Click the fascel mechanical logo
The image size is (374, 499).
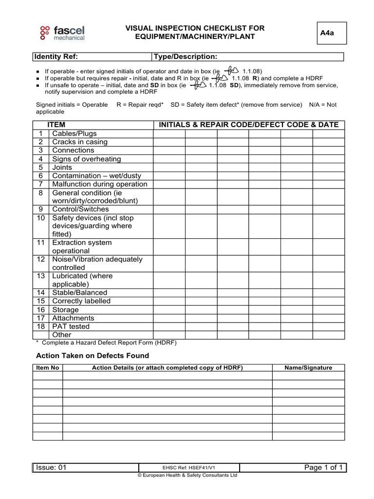click(x=62, y=33)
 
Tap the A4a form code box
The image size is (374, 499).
click(x=332, y=33)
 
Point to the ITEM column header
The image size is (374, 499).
click(x=56, y=125)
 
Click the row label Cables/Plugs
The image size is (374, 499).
click(x=75, y=134)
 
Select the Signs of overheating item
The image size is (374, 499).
click(x=87, y=159)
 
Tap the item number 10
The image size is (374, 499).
click(x=41, y=218)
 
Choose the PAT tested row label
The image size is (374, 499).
click(x=71, y=326)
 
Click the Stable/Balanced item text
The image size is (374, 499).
click(x=80, y=293)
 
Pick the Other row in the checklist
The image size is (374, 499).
click(x=62, y=335)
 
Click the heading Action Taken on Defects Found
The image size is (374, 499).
click(x=93, y=356)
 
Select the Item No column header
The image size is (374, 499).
click(x=48, y=368)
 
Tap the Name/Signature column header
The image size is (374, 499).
click(x=308, y=368)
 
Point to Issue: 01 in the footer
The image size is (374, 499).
click(x=51, y=468)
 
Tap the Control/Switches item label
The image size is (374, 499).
click(x=81, y=209)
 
